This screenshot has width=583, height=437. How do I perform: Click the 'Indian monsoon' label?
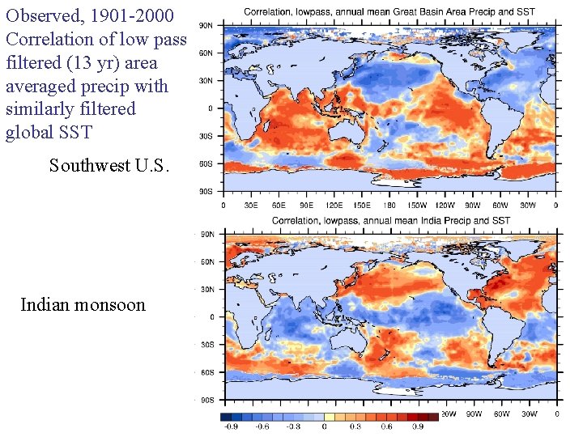[83, 305]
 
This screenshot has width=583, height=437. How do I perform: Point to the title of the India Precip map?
[390, 220]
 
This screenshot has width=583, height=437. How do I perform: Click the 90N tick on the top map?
[206, 26]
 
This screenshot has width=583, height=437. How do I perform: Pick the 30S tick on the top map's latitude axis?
[206, 136]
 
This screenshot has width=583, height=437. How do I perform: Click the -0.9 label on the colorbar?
[232, 426]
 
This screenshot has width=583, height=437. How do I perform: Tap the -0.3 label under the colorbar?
[295, 426]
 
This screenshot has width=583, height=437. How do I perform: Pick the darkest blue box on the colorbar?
[227, 416]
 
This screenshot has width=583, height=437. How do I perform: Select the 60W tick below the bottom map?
[502, 414]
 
